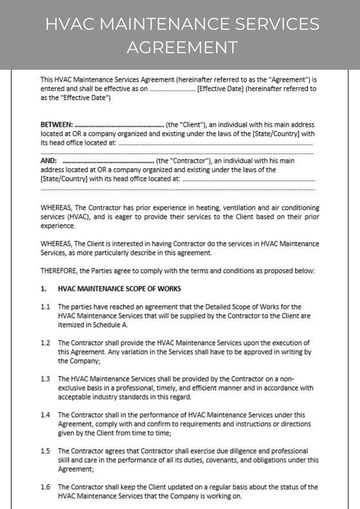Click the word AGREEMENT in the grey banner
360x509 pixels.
(x=182, y=47)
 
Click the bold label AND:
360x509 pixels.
(x=49, y=161)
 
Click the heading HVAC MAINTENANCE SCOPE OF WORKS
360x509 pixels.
(x=119, y=288)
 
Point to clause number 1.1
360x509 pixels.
(x=45, y=307)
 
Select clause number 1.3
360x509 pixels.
(x=45, y=378)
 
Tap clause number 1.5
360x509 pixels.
(x=45, y=451)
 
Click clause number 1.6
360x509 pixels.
(x=45, y=487)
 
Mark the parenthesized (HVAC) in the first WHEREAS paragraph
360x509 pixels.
(x=77, y=217)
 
